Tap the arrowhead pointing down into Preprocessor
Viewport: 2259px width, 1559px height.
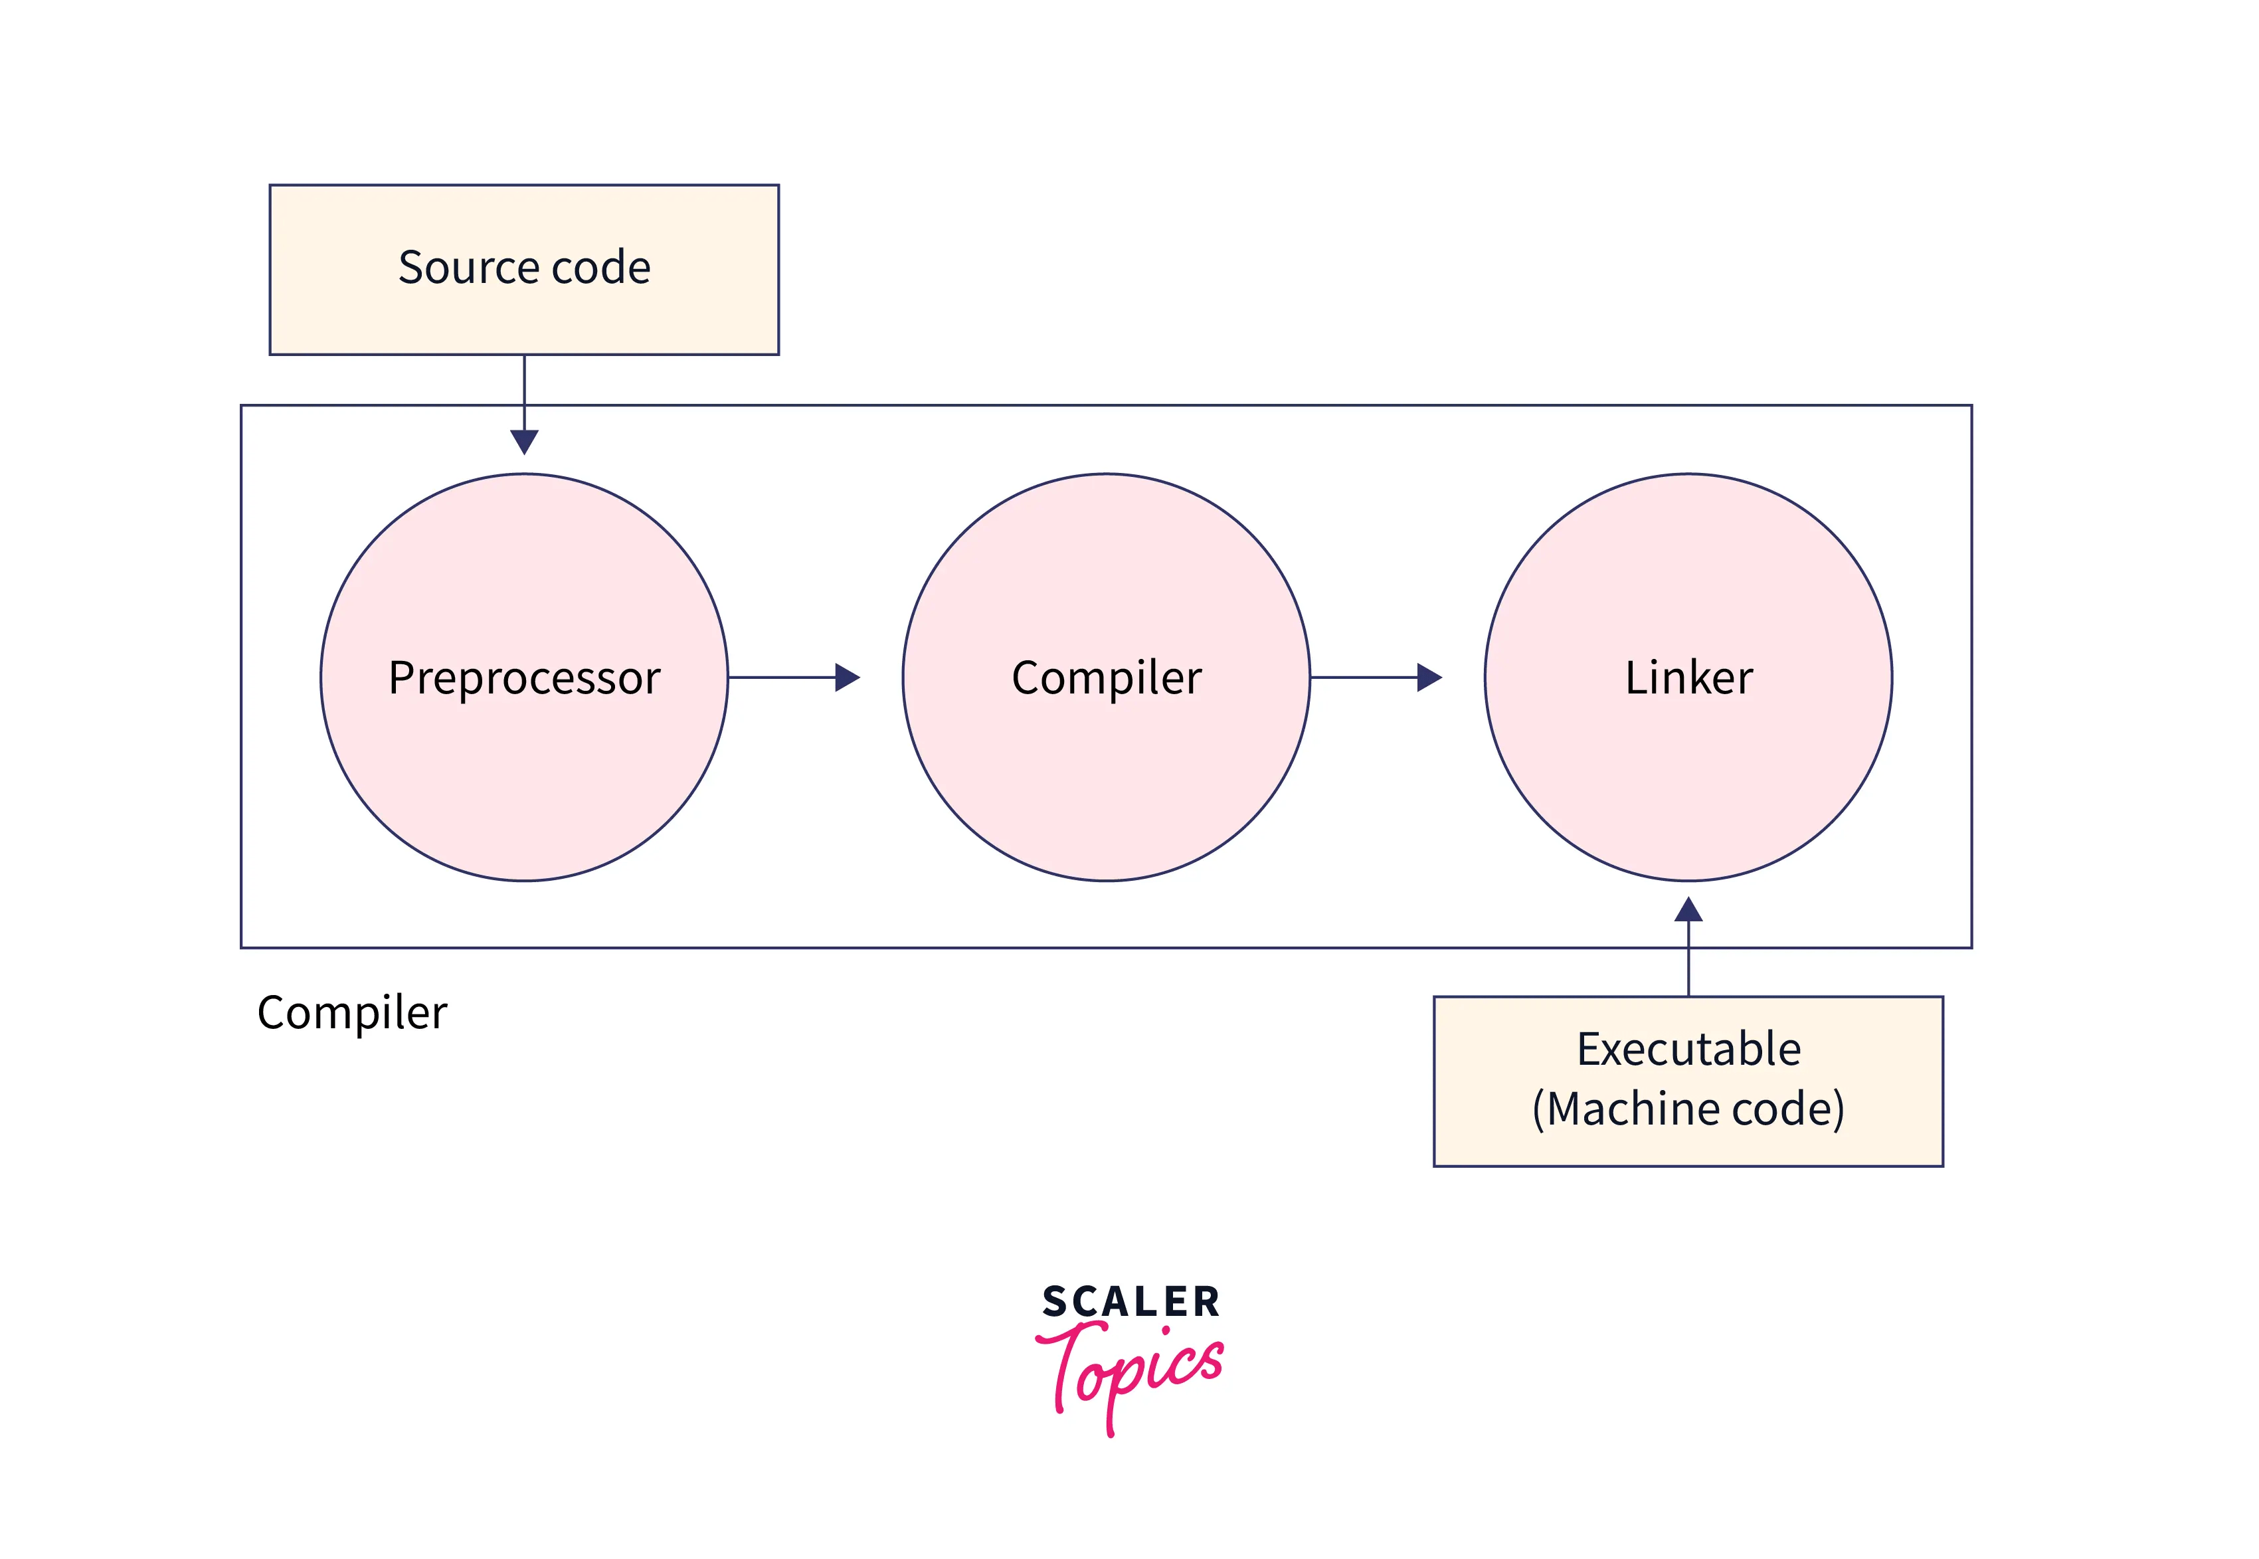[525, 442]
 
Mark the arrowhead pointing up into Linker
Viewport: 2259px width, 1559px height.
[1688, 911]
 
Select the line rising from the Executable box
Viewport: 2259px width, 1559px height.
[1688, 962]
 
